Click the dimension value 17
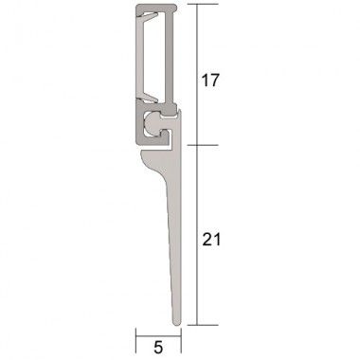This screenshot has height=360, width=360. click(210, 81)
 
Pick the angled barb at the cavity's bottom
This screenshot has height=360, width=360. click(149, 95)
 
